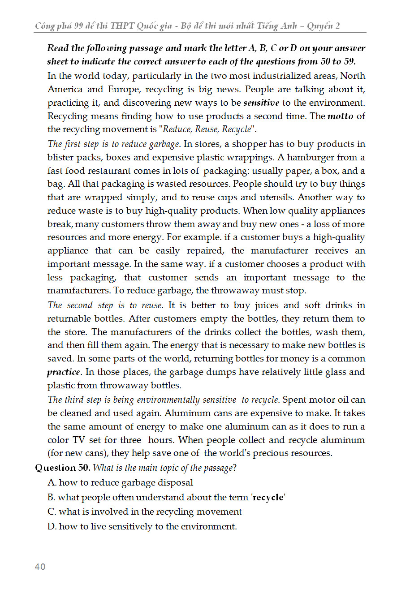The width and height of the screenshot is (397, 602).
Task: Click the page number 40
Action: (40, 567)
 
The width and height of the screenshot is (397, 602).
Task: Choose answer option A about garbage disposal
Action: (121, 483)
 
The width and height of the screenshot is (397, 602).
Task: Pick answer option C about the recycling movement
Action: (145, 512)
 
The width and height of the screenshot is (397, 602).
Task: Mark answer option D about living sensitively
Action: (142, 527)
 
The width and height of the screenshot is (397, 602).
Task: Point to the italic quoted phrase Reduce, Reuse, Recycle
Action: (207, 130)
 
